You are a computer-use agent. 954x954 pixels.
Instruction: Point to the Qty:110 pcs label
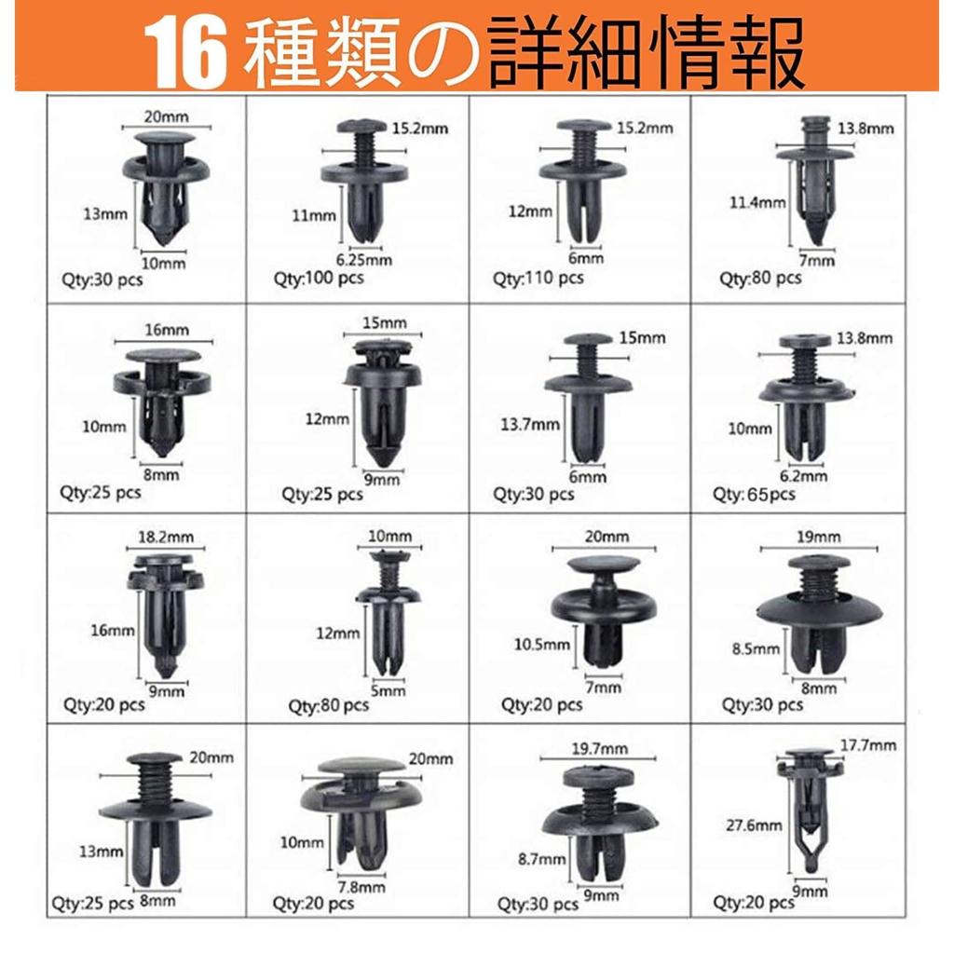point(538,278)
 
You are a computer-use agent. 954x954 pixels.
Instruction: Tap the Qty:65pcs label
point(755,494)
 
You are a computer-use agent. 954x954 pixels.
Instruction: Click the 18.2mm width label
point(165,538)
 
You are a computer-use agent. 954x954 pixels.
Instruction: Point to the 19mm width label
point(819,537)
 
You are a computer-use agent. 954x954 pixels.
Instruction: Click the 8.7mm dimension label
point(540,860)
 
